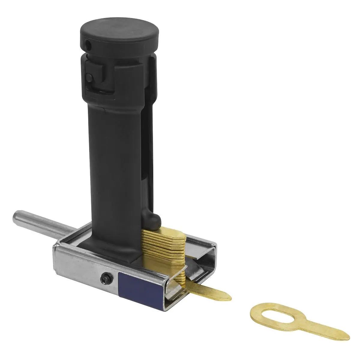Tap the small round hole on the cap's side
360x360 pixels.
click(x=88, y=45)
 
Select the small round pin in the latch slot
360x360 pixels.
click(x=89, y=77)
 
